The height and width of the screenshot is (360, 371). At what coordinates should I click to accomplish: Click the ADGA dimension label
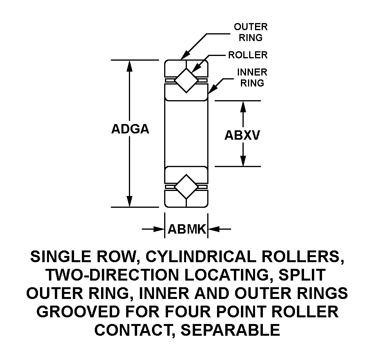pyautogui.click(x=130, y=130)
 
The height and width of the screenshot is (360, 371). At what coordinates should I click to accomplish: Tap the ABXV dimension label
pyautogui.click(x=243, y=135)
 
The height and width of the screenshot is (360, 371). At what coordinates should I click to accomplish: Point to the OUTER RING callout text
pyautogui.click(x=251, y=32)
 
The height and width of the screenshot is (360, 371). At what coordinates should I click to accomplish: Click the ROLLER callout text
pyautogui.click(x=248, y=55)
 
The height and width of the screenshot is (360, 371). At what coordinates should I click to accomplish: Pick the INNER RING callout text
pyautogui.click(x=253, y=77)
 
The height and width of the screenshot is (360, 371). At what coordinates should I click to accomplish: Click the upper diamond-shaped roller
pyautogui.click(x=186, y=80)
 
